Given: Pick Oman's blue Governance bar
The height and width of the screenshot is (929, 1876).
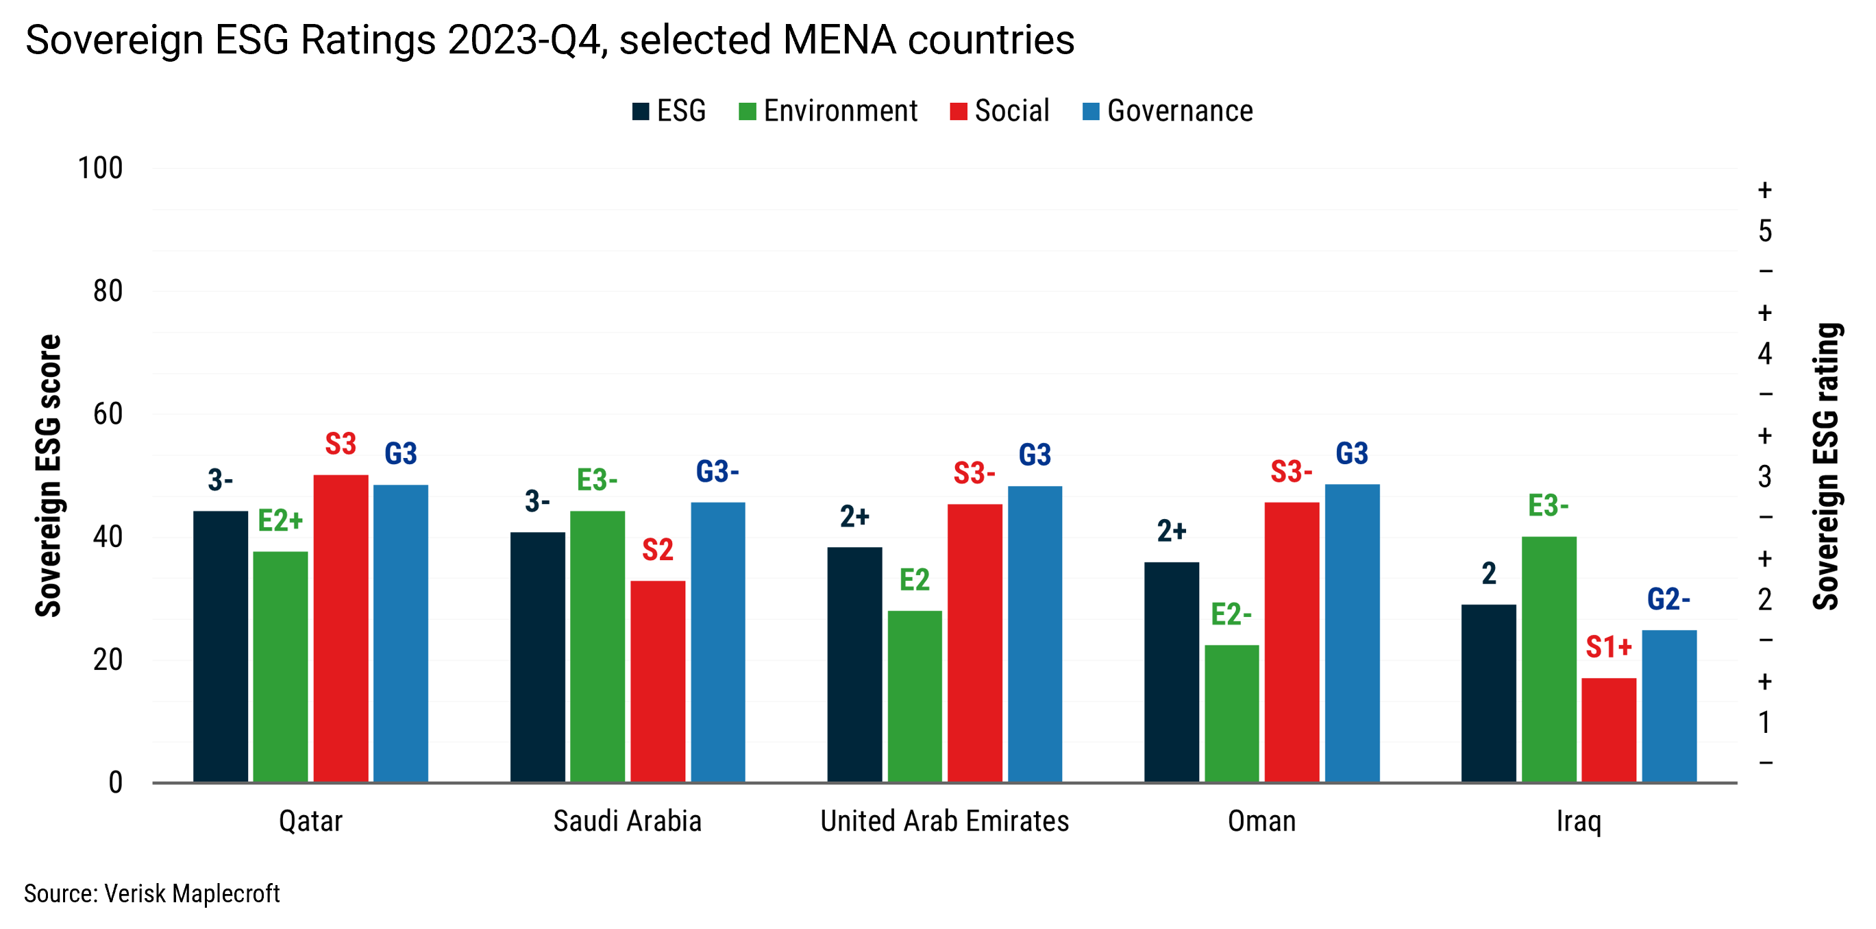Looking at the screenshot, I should pos(1352,634).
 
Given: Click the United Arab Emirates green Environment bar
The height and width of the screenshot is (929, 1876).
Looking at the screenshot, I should pos(915,696).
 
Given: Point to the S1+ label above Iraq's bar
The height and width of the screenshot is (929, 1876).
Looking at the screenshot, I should pos(1608,647).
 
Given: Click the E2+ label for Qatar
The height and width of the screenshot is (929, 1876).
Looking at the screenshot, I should pos(280,521).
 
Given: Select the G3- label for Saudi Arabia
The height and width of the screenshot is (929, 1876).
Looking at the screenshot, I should pos(717,472).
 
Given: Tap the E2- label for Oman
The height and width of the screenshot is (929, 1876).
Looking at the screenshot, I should pos(1231,614).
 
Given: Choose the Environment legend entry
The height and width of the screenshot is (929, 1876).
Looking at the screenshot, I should pos(828,111).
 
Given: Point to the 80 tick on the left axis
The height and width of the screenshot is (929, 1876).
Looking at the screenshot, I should pos(108,291).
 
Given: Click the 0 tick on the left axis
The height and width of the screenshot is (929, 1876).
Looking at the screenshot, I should pos(115,782).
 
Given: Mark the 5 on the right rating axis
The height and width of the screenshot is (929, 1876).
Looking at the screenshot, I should pos(1764,231).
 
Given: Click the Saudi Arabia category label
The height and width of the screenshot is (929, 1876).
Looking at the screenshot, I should pos(627,821).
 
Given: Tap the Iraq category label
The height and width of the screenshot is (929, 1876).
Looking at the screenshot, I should pos(1578,821).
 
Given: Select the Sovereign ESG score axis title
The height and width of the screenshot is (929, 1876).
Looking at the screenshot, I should pos(48,476).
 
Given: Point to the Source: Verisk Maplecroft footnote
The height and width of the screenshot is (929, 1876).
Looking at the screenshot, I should pos(151,893).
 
